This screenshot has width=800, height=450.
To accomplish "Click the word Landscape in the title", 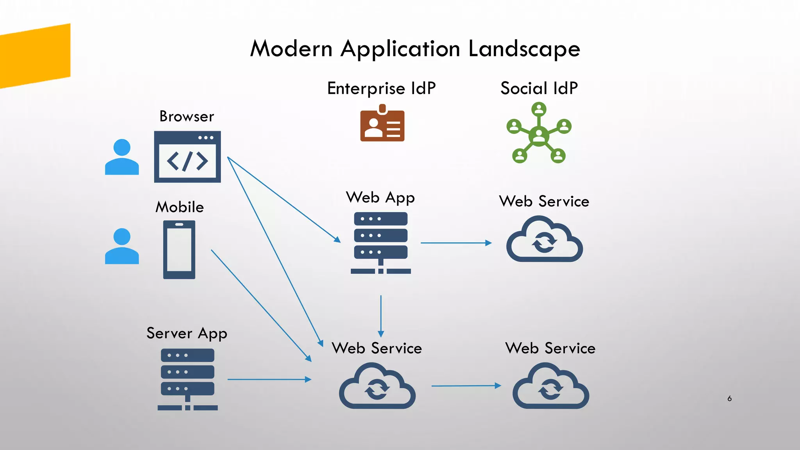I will pyautogui.click(x=524, y=49).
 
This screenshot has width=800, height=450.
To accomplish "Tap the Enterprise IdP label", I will pyautogui.click(x=381, y=88).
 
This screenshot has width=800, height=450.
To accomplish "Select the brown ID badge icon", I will pyautogui.click(x=382, y=124).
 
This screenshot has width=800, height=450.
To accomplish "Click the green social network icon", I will pyautogui.click(x=539, y=133).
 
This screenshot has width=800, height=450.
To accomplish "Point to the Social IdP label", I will pyautogui.click(x=539, y=88).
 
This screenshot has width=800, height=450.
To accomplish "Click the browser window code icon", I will pyautogui.click(x=187, y=157).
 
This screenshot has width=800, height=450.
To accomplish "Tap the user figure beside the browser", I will pyautogui.click(x=122, y=157).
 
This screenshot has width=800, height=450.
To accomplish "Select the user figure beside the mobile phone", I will pyautogui.click(x=122, y=246).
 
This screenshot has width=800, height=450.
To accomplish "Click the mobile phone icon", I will pyautogui.click(x=179, y=250).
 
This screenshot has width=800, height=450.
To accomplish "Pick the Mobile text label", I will pyautogui.click(x=180, y=207).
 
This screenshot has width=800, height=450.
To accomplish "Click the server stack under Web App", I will pyautogui.click(x=381, y=243).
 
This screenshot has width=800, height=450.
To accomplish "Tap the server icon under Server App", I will pyautogui.click(x=187, y=379).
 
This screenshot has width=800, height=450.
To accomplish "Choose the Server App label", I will pyautogui.click(x=187, y=333).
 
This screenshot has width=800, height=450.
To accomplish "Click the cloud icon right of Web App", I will pyautogui.click(x=545, y=240).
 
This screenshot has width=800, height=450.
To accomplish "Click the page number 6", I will pyautogui.click(x=729, y=398).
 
